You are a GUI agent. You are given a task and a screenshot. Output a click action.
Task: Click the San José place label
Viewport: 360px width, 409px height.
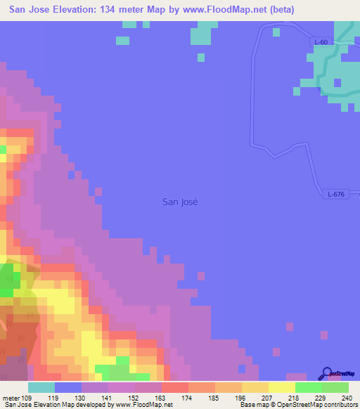coord(180,202)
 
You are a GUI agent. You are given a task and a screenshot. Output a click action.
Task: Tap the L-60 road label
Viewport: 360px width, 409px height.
coord(321,42)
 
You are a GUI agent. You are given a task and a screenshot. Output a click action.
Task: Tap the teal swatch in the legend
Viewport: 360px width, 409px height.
coord(41,387)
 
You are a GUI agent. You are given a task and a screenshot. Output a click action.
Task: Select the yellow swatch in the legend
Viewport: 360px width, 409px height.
coord(282,387)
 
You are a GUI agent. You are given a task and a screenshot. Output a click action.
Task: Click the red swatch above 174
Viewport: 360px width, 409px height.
coord(175,387)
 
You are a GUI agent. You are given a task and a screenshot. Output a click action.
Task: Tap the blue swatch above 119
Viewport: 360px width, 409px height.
coord(68,387)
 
